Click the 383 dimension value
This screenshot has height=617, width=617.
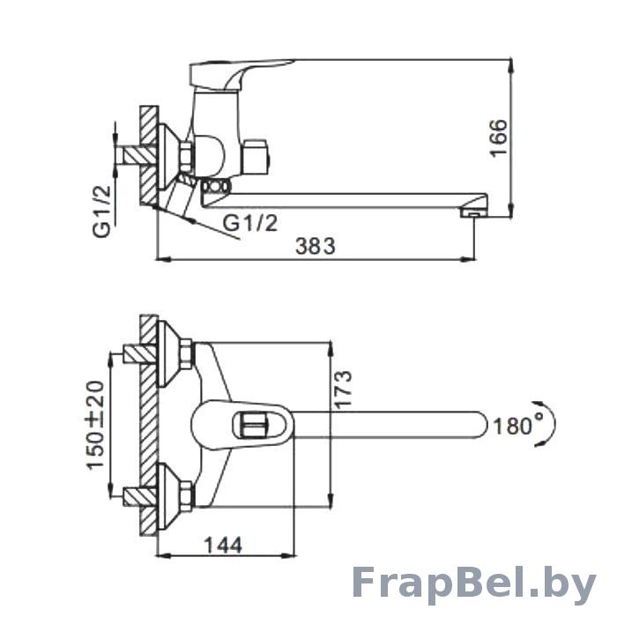pos(316,246)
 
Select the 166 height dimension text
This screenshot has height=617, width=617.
pos(499,138)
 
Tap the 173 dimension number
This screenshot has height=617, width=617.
pos(342,390)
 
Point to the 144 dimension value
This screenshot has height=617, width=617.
pos(223,546)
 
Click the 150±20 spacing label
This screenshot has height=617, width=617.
pos(95,425)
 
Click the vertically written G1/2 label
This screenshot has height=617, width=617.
pos(102,212)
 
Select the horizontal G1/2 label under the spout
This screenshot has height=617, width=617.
pos(250,223)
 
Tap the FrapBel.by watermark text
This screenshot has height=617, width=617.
pos(473,584)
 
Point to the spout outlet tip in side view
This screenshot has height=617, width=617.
pos(474,213)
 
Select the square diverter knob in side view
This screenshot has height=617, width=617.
pos(256,156)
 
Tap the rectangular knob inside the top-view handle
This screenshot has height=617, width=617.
pos(255,425)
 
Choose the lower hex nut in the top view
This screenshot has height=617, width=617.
pos(187,495)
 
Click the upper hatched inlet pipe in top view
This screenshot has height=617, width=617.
pos(140,354)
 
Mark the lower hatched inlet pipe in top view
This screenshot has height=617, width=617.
pos(140,497)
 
